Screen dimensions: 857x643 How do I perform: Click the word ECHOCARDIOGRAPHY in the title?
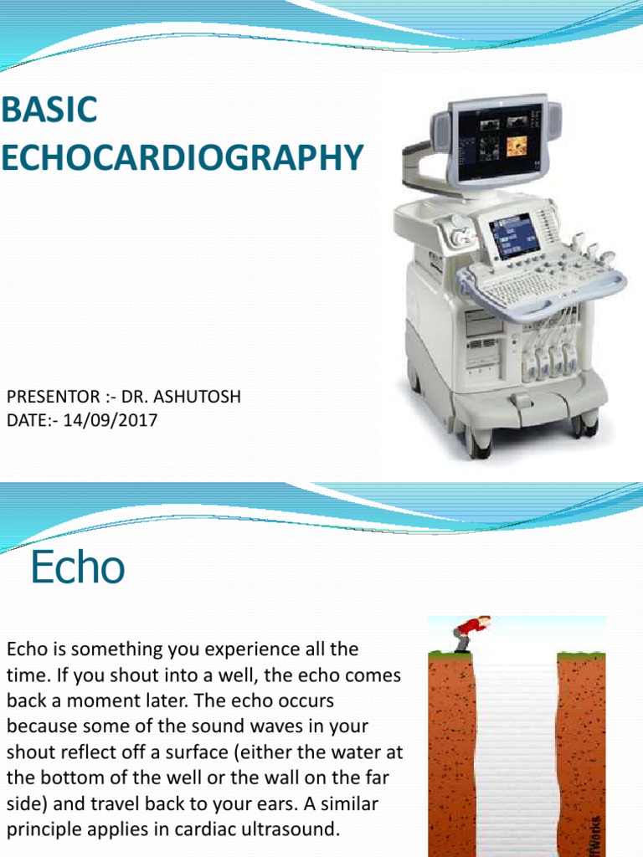183,157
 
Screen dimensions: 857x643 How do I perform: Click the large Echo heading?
78,569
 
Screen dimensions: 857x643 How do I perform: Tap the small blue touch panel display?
509,237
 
